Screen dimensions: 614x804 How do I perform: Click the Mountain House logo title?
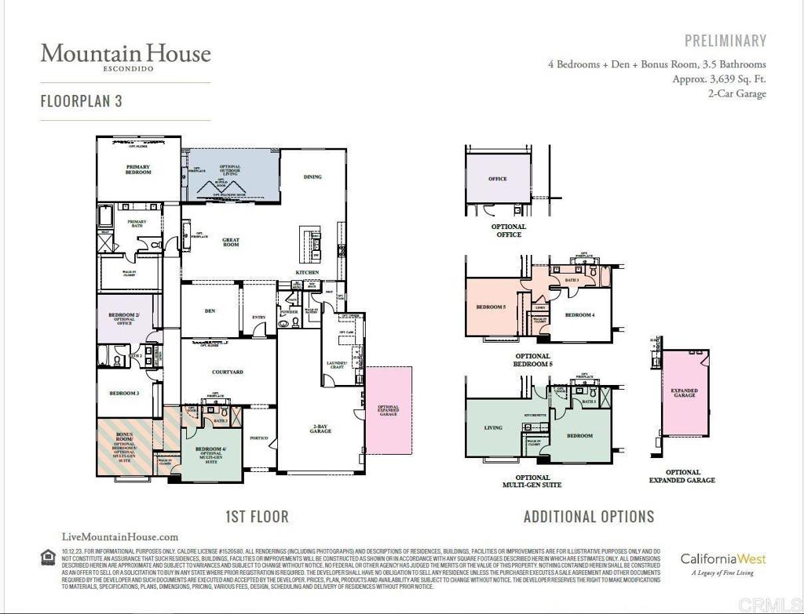(x=126, y=53)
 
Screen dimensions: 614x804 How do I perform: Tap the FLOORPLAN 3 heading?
(x=82, y=101)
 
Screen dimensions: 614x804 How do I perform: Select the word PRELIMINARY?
(x=725, y=41)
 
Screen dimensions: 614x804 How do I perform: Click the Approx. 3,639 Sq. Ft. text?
(x=718, y=79)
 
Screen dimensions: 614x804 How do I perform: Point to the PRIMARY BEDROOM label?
(x=138, y=169)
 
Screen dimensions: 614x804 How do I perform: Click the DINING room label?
(x=312, y=177)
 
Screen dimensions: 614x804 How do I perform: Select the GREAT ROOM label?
(x=230, y=242)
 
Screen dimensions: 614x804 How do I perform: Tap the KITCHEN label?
(x=307, y=272)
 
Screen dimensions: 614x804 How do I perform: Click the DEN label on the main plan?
(x=210, y=311)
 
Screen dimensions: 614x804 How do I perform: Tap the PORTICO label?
(x=258, y=438)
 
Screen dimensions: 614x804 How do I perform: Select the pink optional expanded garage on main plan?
(x=388, y=410)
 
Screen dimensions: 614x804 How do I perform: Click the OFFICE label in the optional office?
(x=498, y=179)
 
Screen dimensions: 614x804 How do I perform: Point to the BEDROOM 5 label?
(x=492, y=307)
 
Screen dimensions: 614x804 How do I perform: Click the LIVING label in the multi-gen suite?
(x=493, y=428)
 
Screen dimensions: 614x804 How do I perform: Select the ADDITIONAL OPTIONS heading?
(x=589, y=517)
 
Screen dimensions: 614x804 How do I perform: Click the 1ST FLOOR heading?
(x=257, y=517)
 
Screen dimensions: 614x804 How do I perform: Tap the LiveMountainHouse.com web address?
(x=119, y=537)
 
